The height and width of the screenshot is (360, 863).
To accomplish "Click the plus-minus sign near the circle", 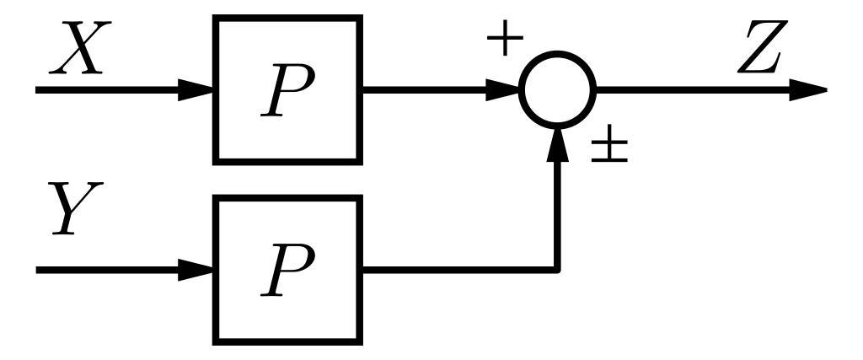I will point(609,148).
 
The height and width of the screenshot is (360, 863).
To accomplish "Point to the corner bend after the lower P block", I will point(557,269).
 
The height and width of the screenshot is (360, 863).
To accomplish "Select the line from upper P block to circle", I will point(421,89).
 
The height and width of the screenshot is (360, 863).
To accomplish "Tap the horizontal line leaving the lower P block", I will point(455,270).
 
